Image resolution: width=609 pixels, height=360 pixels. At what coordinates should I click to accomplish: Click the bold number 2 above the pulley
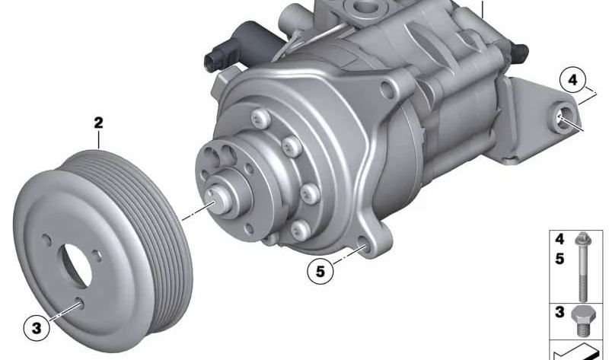(98, 122)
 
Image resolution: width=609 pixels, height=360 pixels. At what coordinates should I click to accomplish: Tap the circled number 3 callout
(37, 330)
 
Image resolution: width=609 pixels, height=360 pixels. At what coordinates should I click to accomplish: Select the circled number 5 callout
(320, 269)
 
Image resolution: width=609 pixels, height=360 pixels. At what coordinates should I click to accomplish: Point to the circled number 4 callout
(572, 80)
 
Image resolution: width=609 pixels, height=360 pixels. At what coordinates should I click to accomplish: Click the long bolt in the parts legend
(583, 266)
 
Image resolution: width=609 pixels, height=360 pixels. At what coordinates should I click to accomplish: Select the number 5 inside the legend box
(560, 259)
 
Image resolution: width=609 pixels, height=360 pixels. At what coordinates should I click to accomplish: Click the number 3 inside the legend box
(560, 312)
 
